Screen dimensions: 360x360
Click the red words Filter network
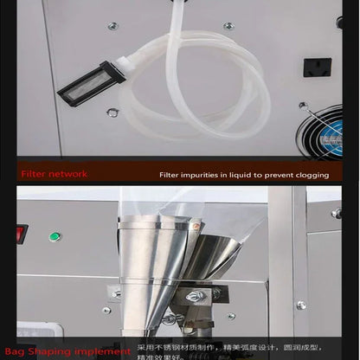(x=54, y=174)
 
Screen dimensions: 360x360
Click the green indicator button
(x=55, y=236)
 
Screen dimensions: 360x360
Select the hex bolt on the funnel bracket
(x=195, y=298)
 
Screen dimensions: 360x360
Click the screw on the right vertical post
(x=301, y=305)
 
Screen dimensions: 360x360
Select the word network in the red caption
(x=68, y=174)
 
